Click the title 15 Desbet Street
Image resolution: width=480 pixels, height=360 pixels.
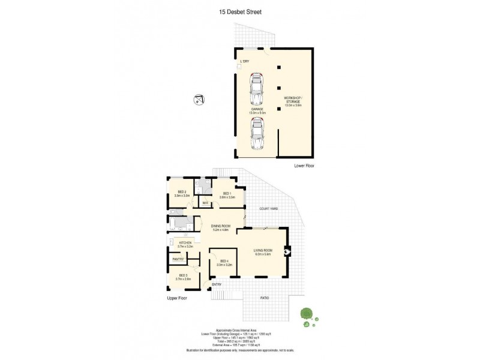coord(240,11)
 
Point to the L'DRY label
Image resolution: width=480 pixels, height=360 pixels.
coord(245,62)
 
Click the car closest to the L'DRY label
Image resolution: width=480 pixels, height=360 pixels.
coord(257,89)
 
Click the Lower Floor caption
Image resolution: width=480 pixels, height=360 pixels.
coord(304,165)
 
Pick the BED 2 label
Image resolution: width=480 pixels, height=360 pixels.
coord(181,193)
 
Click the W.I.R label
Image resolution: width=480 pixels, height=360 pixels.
coord(205,203)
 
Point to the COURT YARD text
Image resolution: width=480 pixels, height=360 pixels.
coord(268,208)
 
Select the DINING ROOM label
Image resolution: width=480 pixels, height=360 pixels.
coord(221,226)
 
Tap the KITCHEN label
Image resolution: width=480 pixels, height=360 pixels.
coord(185,244)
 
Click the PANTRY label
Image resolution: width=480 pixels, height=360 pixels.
coord(178,259)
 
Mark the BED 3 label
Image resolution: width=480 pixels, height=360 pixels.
coord(182,276)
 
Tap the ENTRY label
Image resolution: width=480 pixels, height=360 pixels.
coord(216,284)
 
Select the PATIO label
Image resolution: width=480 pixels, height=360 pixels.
coord(265,298)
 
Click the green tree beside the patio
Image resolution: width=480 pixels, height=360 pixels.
coord(307,314)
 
